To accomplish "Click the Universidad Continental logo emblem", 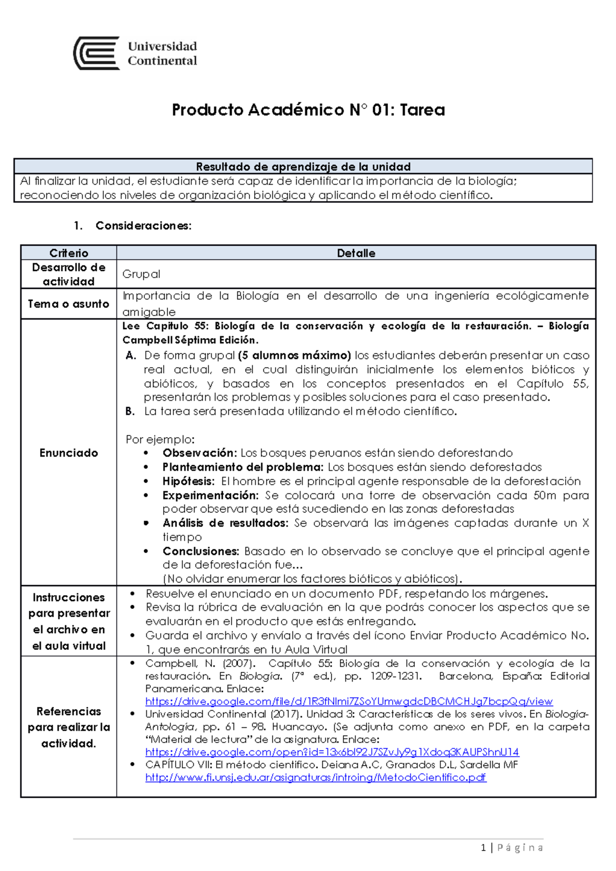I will pos(97,53).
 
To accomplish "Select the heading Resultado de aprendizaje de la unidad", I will pos(303,167).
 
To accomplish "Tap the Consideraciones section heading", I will pos(143,226).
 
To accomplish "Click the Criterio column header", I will pos(69,253).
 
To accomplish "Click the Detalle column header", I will pos(356,253).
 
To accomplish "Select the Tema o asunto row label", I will pos(68,304).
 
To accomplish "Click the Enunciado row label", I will pos(68,453).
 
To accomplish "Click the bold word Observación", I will pos(199,453).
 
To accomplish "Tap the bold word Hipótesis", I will pos(188,481).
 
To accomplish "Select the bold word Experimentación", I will pos(210,495).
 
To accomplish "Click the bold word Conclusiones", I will pos(201,551).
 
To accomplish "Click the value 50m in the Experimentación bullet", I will pos(545,495).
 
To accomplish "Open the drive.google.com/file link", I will pos(349,701).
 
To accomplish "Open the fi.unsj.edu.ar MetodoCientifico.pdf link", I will pos(315,777).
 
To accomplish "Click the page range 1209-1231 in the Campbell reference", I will pos(395,676).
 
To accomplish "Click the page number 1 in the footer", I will pos(483,847).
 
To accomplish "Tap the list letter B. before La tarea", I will pos(130,411).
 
